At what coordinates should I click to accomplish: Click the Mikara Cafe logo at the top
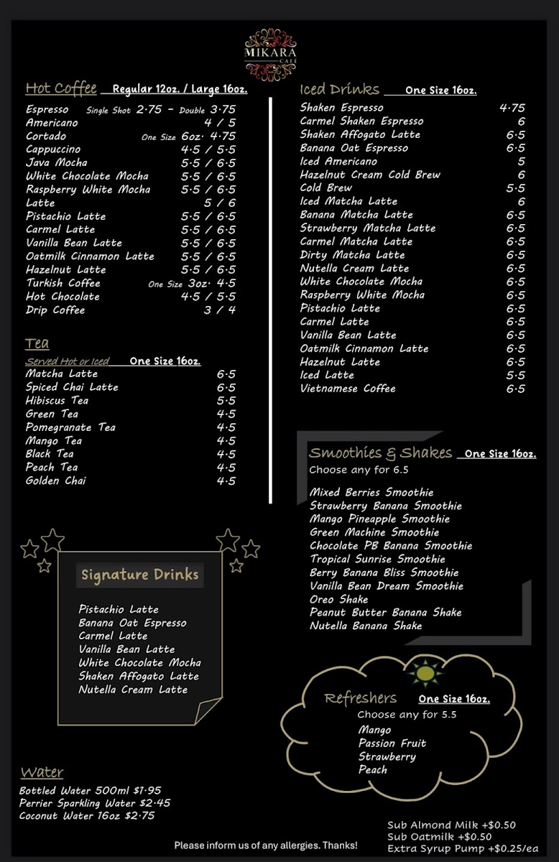click(270, 54)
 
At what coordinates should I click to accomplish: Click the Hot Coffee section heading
click(61, 88)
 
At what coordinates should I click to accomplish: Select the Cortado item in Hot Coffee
click(46, 136)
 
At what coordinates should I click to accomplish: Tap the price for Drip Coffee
click(219, 310)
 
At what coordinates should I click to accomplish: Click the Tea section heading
click(37, 343)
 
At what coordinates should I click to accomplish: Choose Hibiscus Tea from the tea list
click(57, 400)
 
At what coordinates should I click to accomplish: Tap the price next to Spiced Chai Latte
click(226, 387)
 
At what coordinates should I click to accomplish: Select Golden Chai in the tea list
click(55, 481)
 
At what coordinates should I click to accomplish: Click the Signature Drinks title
click(140, 575)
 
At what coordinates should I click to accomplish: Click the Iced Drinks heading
click(339, 89)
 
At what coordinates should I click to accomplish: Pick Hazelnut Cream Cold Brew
click(370, 175)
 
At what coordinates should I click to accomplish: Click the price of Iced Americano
click(521, 162)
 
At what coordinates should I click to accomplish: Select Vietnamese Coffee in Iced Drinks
click(348, 389)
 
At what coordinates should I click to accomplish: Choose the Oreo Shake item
click(338, 599)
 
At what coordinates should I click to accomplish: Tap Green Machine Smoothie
click(374, 532)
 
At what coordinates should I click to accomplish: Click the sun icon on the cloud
click(425, 673)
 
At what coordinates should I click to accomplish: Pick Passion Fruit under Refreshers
click(392, 743)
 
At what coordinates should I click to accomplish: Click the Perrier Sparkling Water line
click(95, 803)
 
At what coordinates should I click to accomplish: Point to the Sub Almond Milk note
click(451, 825)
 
